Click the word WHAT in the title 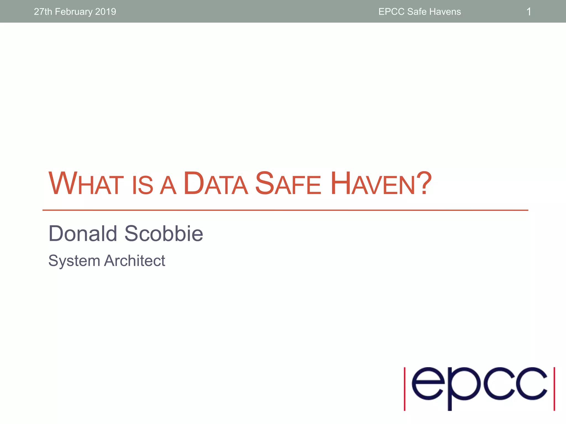(x=86, y=184)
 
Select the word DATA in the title (x=216, y=184)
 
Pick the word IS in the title (x=142, y=185)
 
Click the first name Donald (x=83, y=234)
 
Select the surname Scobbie (x=164, y=234)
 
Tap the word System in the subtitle (x=74, y=261)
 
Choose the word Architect (x=135, y=261)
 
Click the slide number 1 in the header (x=528, y=12)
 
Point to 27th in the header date (x=43, y=12)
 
